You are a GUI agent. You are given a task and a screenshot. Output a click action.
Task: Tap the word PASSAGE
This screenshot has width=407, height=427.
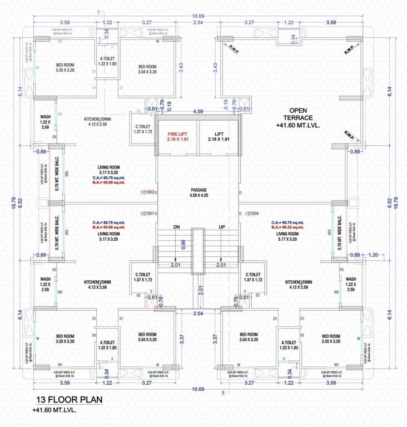(x=198, y=190)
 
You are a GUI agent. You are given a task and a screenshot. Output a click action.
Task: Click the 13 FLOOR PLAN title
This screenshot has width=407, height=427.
(x=70, y=400)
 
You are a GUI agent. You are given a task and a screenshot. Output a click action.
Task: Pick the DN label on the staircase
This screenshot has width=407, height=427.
(x=176, y=227)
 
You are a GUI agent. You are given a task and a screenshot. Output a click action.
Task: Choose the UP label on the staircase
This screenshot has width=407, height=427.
(x=222, y=227)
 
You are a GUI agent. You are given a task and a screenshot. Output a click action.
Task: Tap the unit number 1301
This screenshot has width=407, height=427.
(x=148, y=213)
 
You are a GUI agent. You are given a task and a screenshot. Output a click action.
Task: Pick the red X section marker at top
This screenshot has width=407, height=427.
(x=99, y=11)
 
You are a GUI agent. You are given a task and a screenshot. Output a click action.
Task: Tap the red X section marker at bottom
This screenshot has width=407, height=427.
(x=223, y=393)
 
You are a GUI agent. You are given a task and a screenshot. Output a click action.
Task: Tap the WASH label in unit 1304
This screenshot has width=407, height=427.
(x=351, y=279)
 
